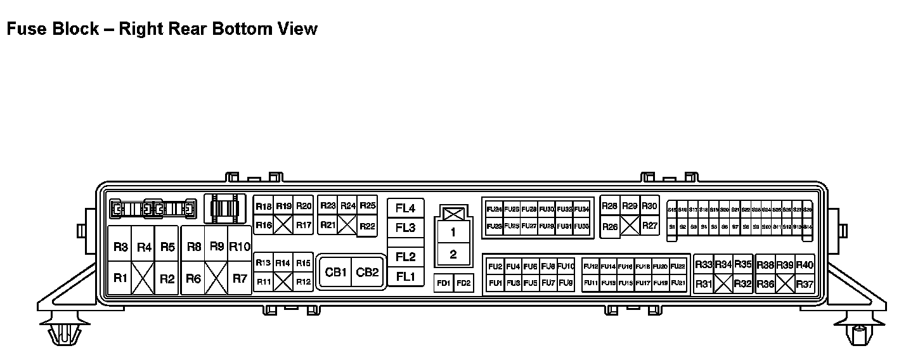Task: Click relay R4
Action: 144,247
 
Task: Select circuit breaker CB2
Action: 367,273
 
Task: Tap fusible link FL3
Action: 405,228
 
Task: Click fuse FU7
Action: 548,283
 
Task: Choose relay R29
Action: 630,206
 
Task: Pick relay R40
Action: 805,265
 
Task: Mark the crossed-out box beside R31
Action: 723,284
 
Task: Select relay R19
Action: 283,207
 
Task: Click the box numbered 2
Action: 453,255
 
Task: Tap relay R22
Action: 366,226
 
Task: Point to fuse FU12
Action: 590,266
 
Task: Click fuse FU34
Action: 581,209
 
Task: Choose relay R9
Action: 217,247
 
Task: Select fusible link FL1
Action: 405,277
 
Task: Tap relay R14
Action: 283,263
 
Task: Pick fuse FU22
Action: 678,266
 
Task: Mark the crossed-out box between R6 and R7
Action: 217,278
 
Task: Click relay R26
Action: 610,226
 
